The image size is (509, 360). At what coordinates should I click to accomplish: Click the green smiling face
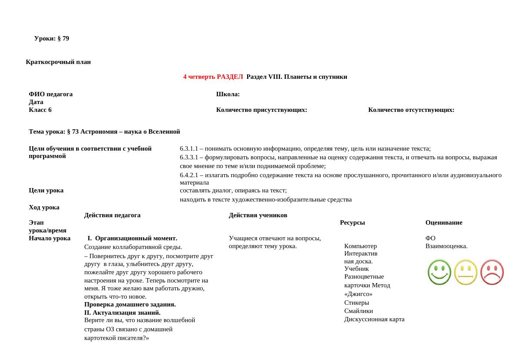439,273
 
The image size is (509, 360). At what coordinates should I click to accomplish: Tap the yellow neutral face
465,273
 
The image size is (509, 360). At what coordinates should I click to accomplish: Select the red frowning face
492,273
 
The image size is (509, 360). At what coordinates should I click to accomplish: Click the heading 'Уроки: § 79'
51,39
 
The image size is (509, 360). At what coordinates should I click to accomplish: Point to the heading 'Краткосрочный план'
58,62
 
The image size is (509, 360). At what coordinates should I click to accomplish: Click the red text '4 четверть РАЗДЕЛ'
213,77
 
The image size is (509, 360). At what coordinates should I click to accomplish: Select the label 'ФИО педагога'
50,94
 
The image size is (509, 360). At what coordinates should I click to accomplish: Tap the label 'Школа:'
228,94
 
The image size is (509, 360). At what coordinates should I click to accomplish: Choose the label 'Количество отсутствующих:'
411,110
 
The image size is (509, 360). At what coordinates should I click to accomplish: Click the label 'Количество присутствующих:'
261,110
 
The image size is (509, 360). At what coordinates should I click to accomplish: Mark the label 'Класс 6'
40,110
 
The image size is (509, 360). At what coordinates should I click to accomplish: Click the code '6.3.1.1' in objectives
189,149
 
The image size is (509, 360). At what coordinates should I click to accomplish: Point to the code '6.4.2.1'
189,175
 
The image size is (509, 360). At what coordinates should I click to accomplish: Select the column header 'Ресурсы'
352,223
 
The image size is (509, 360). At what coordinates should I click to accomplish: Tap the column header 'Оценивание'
444,223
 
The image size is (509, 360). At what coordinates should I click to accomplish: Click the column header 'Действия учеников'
258,215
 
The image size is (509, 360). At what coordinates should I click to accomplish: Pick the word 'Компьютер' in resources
360,246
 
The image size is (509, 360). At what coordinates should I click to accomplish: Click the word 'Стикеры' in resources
356,303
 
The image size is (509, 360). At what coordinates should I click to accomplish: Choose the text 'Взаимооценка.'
446,246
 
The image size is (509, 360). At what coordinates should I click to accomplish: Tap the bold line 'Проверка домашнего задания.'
130,305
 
